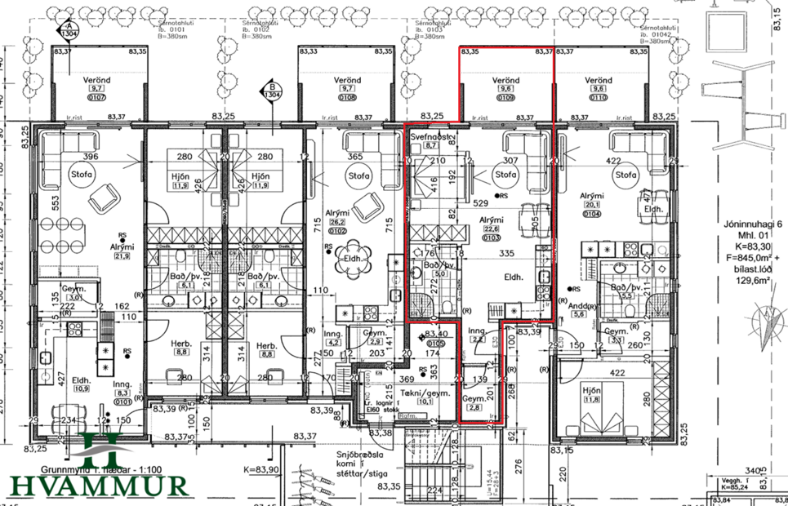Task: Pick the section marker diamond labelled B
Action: click(x=270, y=93)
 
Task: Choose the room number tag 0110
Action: click(x=600, y=99)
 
